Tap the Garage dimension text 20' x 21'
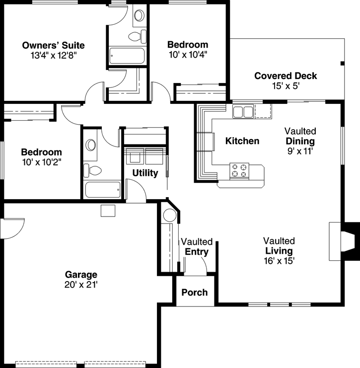[x=81, y=285]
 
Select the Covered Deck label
[x=286, y=76]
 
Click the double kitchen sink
[x=243, y=111]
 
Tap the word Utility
[x=145, y=173]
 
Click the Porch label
[x=194, y=292]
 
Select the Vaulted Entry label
[x=196, y=247]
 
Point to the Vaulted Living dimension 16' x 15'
[x=279, y=260]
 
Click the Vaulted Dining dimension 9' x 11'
[x=300, y=151]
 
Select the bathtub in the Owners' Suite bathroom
[x=127, y=55]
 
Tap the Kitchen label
[x=242, y=141]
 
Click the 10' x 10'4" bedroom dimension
[x=187, y=54]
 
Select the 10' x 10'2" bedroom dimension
[x=41, y=162]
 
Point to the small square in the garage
[x=108, y=211]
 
